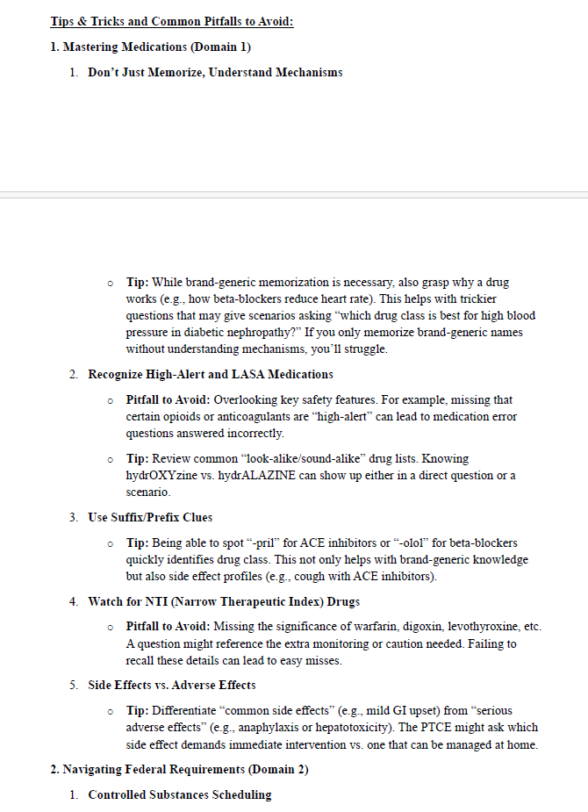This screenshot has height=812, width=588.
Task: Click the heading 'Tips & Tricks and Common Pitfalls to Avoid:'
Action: pos(171,21)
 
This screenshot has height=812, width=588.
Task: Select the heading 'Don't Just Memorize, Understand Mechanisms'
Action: pos(215,72)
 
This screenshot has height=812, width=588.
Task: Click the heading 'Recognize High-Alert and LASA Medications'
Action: pos(210,375)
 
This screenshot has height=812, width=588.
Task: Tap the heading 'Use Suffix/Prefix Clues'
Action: pos(150,518)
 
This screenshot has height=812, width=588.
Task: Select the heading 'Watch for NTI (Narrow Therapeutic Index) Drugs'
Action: pos(224,602)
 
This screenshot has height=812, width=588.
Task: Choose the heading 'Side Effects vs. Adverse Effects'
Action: pos(172,685)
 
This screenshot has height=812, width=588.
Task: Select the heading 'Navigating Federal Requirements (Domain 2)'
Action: pos(179,770)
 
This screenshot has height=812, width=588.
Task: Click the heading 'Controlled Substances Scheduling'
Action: pos(180,795)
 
